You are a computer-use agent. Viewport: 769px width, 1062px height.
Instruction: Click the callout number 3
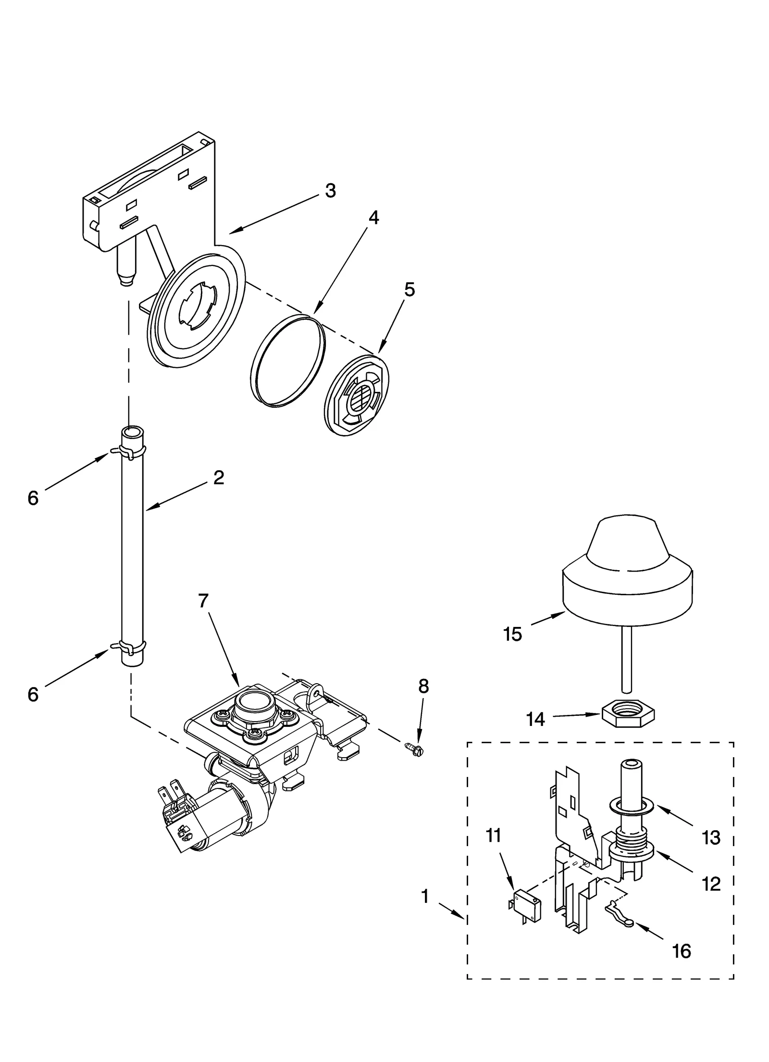coord(330,191)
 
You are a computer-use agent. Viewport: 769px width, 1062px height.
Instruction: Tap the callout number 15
coord(512,635)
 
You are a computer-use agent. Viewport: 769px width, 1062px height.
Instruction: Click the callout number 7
coord(203,600)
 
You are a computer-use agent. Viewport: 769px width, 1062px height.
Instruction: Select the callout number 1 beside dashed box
coord(425,897)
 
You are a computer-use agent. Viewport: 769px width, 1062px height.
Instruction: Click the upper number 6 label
coord(33,498)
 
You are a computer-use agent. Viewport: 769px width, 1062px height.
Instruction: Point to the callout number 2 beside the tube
coord(219,477)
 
